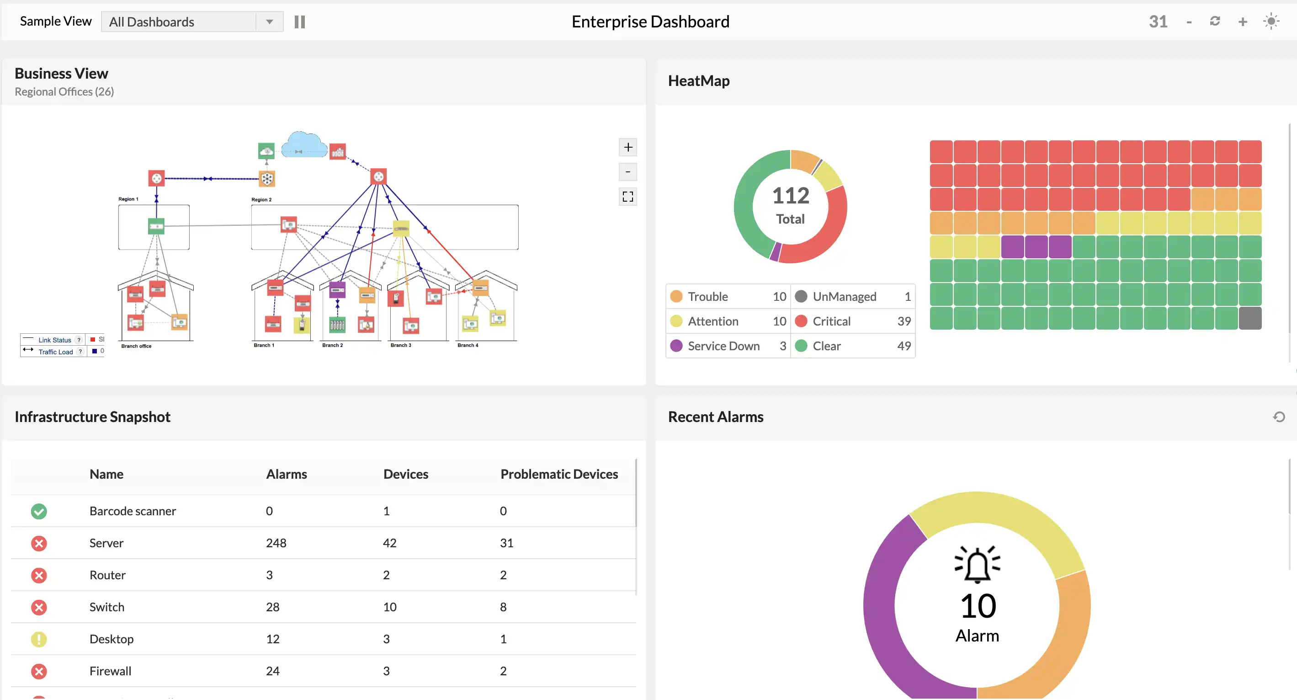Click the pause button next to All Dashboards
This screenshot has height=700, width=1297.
click(x=300, y=21)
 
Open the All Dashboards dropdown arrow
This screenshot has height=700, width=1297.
click(x=269, y=21)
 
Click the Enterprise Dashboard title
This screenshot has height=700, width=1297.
click(x=650, y=21)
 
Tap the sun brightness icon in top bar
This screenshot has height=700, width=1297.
click(x=1271, y=21)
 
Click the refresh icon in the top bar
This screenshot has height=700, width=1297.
click(x=1215, y=21)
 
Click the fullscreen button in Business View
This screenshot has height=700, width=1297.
click(x=627, y=197)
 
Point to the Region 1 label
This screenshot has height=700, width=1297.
click(x=128, y=199)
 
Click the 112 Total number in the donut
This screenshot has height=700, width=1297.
click(x=791, y=196)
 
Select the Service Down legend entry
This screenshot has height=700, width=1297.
click(x=723, y=346)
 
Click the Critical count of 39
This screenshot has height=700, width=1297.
click(x=904, y=321)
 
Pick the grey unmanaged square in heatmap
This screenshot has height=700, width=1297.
click(x=1249, y=318)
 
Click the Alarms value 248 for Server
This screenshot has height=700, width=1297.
click(x=276, y=543)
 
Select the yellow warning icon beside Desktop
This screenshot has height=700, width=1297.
click(x=39, y=639)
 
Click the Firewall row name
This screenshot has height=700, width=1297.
click(x=110, y=671)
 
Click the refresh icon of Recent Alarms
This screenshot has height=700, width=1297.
click(x=1279, y=417)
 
